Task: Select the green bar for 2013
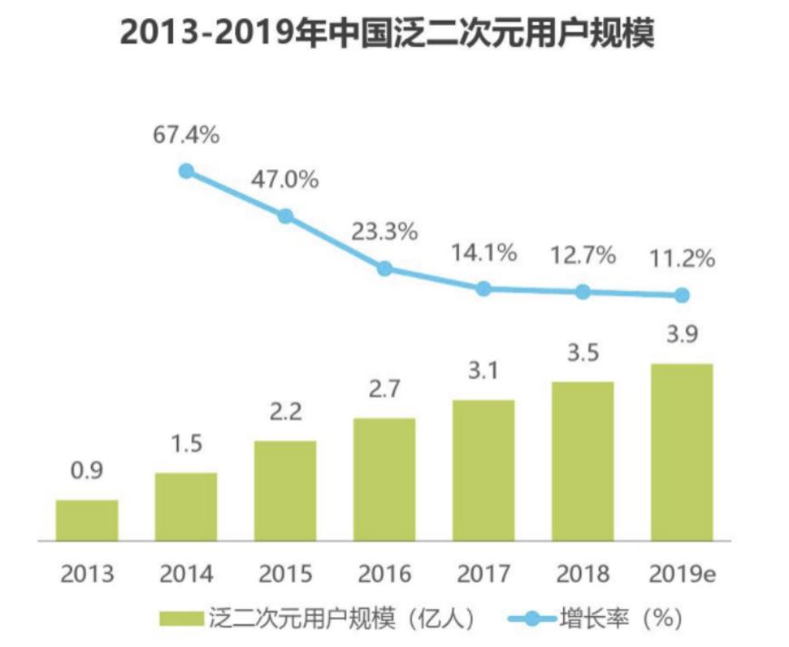coord(87,520)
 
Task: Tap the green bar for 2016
coord(385,479)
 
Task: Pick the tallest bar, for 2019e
coord(682,452)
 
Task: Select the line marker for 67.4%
coord(186,170)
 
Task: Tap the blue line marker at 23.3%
coord(385,268)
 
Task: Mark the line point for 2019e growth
coord(682,295)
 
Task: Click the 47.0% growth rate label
coord(285,179)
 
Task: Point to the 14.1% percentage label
coord(483,253)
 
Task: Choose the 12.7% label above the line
coord(582,256)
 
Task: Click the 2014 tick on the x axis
coord(186,574)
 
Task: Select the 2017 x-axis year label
coord(483,574)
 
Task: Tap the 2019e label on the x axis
coord(682,574)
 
